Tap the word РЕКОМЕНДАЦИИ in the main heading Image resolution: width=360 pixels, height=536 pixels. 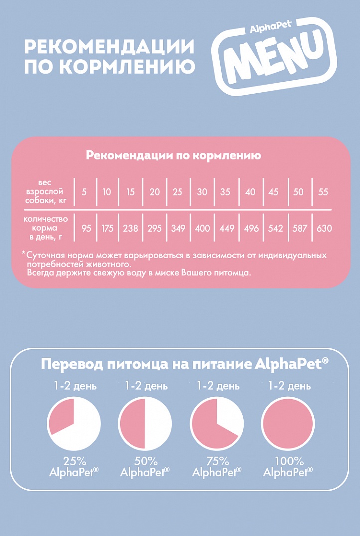109,47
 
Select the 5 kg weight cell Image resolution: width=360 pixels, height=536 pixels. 84,192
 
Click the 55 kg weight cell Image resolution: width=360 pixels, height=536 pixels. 323,192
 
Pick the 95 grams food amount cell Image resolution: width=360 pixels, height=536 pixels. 86,228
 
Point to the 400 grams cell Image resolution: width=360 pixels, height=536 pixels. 202,228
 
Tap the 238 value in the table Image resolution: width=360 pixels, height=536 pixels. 130,228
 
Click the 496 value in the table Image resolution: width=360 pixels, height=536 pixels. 251,228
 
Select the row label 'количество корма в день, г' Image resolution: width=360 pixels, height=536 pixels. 45,228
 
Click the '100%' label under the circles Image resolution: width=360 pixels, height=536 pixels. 288,461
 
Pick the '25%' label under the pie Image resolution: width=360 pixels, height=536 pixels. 75,461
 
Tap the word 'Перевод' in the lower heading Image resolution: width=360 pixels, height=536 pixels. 72,363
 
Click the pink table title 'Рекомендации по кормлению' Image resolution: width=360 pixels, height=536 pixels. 174,155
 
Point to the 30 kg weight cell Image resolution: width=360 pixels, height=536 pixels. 202,192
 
